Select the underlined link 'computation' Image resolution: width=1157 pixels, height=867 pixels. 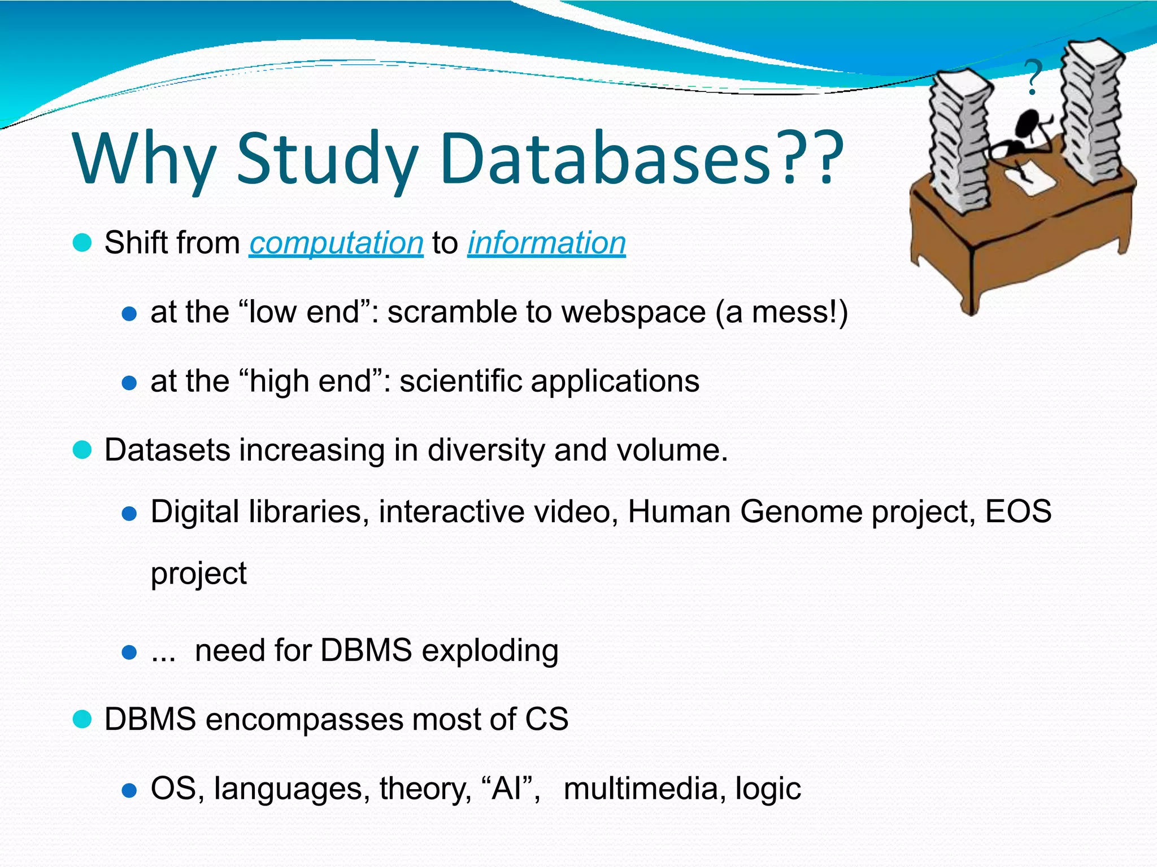(336, 243)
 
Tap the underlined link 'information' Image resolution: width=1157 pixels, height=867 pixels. (546, 243)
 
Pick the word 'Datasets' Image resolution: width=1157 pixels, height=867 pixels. (167, 450)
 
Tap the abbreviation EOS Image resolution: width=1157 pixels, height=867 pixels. (1018, 512)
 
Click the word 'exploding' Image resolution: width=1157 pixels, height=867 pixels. (490, 651)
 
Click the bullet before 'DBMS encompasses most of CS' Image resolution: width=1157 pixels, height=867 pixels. (82, 720)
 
